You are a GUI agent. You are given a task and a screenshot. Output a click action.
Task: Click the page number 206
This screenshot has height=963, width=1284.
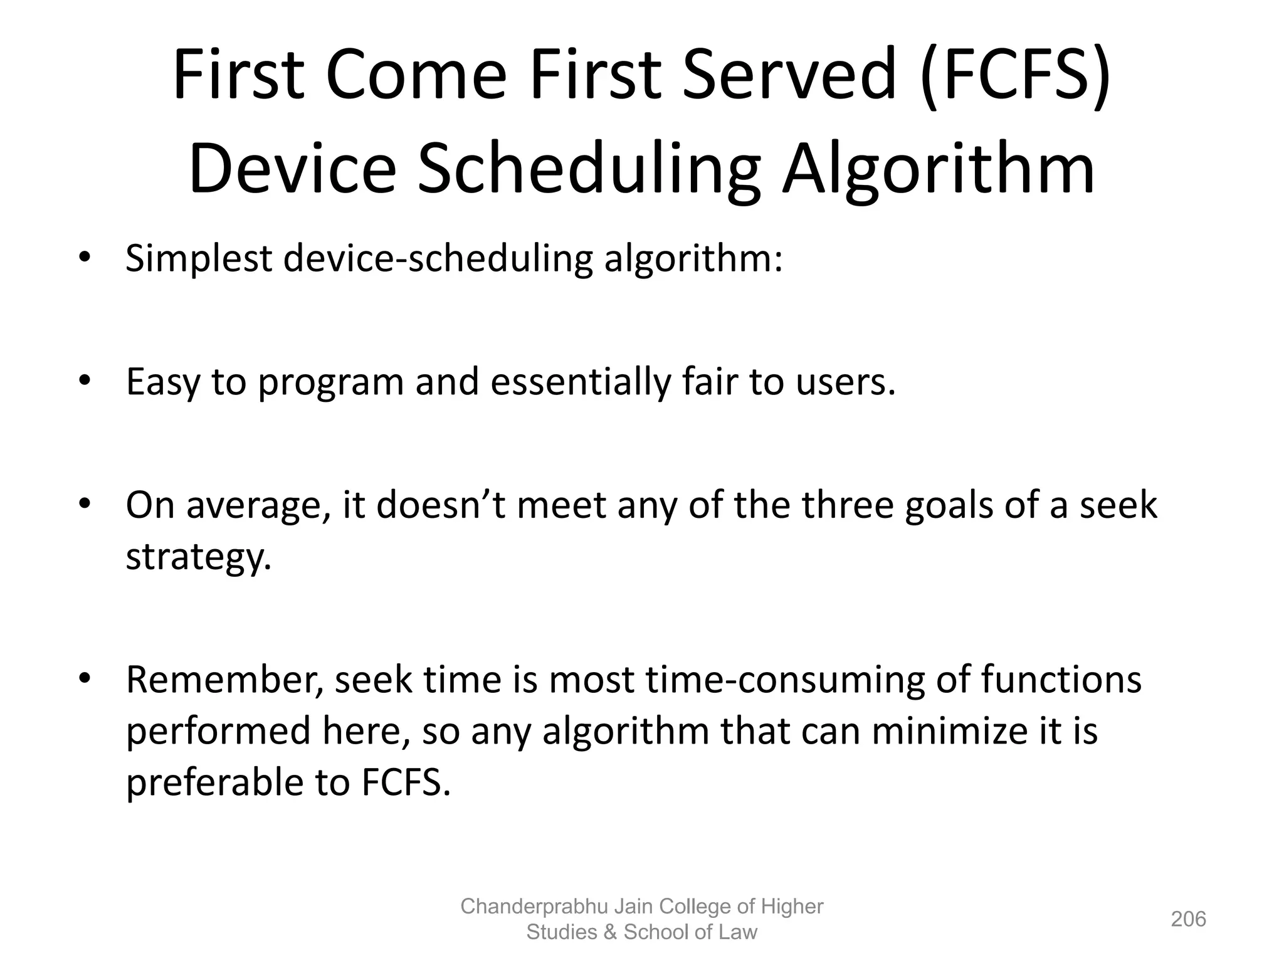[1188, 919]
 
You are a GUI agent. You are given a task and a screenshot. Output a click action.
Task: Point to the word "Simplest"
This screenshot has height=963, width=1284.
[199, 258]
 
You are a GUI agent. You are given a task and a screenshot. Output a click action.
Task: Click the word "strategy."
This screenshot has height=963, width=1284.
[199, 557]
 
